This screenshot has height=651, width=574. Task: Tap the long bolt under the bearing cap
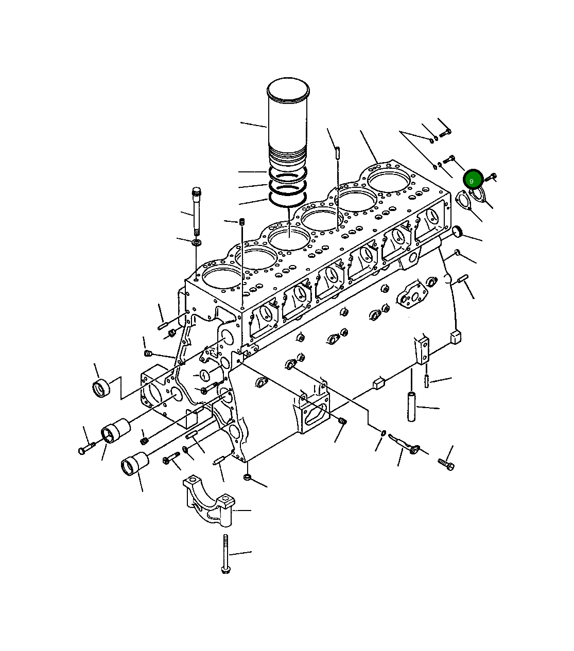click(x=225, y=554)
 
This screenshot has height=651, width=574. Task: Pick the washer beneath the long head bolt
click(x=197, y=242)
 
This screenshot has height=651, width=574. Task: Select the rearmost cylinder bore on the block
click(x=389, y=178)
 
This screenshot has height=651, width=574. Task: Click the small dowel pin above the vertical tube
click(x=427, y=381)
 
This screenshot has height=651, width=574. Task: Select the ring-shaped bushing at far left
click(x=101, y=388)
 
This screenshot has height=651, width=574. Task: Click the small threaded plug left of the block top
click(x=241, y=222)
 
